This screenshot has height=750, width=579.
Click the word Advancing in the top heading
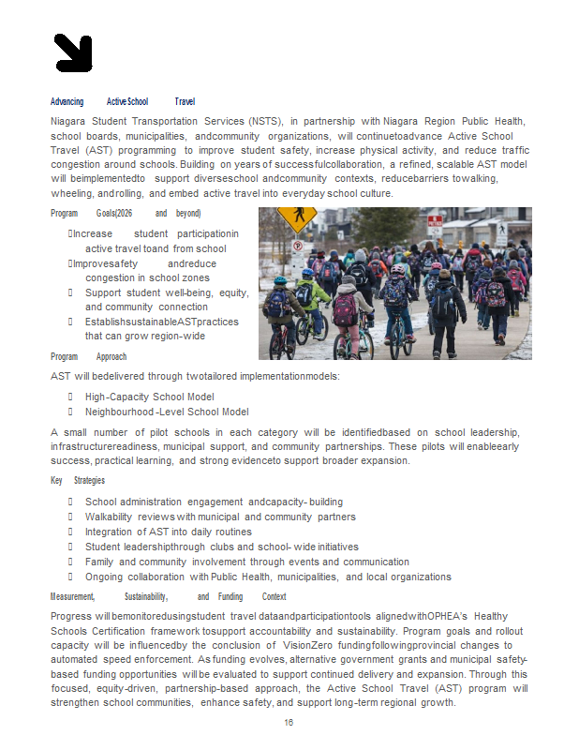click(67, 101)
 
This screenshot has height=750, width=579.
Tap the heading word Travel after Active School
click(185, 101)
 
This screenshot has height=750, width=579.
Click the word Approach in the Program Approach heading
click(111, 357)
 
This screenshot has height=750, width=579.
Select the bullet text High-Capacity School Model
click(149, 397)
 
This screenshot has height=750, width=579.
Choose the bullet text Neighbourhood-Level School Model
click(167, 412)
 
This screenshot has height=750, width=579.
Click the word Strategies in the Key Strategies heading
click(89, 481)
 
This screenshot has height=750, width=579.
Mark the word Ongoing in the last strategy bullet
click(103, 577)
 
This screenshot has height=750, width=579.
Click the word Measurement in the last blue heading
click(72, 597)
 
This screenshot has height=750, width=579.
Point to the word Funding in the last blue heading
click(230, 597)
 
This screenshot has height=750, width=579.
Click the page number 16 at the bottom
click(289, 723)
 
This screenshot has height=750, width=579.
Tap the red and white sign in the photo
click(434, 223)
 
